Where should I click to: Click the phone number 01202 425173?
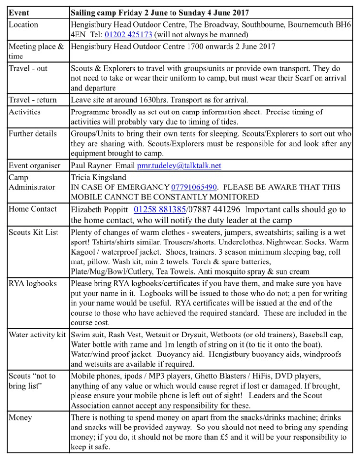click(x=128, y=35)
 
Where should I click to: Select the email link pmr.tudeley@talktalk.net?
click(x=179, y=166)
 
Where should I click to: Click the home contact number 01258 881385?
click(x=159, y=209)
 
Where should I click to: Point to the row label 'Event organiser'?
click(x=35, y=166)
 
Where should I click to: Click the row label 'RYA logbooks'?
click(x=33, y=283)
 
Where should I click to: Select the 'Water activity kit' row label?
click(x=37, y=335)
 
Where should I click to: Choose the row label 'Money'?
click(x=20, y=417)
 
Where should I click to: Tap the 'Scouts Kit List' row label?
click(x=33, y=232)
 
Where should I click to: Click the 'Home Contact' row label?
click(x=33, y=209)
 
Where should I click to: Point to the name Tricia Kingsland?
click(x=99, y=177)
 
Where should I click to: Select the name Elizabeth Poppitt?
click(x=100, y=210)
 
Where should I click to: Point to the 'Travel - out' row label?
click(x=28, y=68)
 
